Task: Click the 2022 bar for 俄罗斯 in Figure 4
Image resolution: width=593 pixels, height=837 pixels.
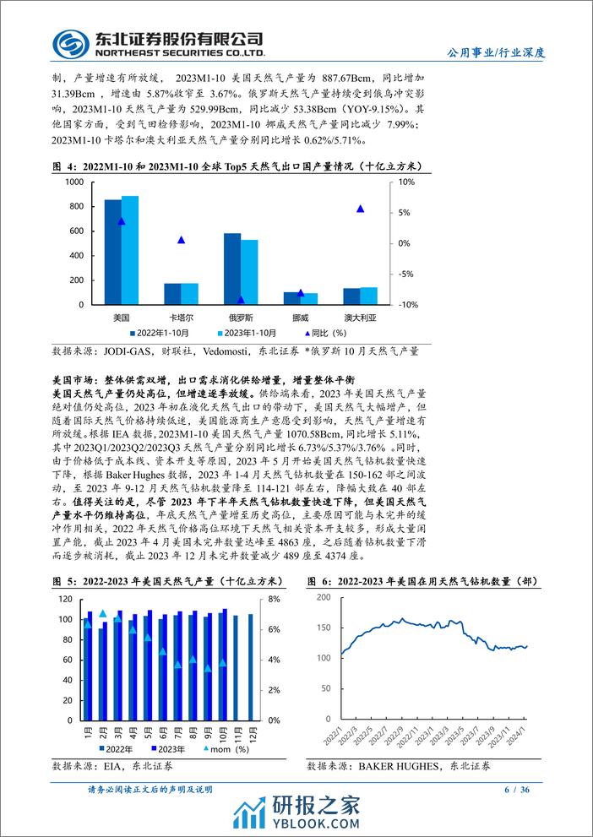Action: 231,269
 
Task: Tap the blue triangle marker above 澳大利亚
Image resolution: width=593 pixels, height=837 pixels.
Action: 361,209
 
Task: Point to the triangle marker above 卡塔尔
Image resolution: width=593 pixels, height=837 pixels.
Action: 181,240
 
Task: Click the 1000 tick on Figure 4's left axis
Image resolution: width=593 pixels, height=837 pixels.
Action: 73,182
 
